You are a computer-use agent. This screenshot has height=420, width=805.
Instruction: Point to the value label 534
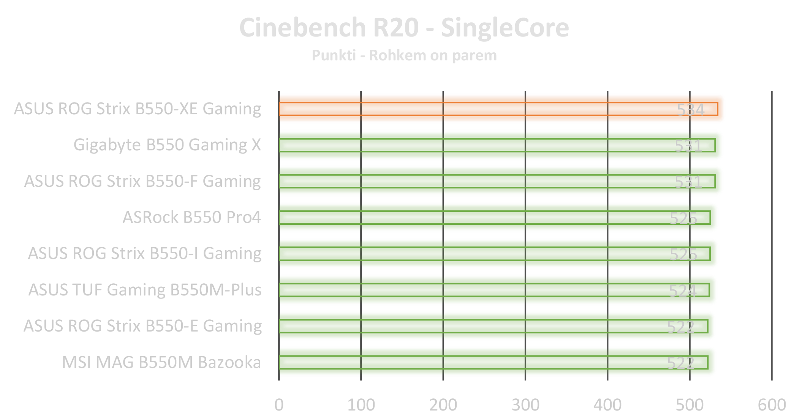690,110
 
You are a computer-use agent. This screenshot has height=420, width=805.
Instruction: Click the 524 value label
682,291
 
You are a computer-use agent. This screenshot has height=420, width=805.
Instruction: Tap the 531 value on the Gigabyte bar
688,146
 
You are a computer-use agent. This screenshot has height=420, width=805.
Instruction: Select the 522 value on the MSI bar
680,363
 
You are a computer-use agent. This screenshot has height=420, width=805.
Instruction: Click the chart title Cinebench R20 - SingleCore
404,28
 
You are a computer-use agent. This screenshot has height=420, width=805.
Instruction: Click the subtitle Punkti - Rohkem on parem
404,55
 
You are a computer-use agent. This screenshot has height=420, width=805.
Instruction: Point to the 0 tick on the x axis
279,405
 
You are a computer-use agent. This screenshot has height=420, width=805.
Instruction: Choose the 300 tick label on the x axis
525,405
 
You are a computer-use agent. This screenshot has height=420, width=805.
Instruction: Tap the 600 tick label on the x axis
772,405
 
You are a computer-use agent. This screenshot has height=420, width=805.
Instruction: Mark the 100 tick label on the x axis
361,405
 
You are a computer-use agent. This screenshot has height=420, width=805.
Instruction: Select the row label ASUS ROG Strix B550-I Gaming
144,253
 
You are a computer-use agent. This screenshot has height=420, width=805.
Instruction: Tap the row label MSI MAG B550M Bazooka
161,362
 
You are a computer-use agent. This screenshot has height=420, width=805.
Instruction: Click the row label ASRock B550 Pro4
191,217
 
